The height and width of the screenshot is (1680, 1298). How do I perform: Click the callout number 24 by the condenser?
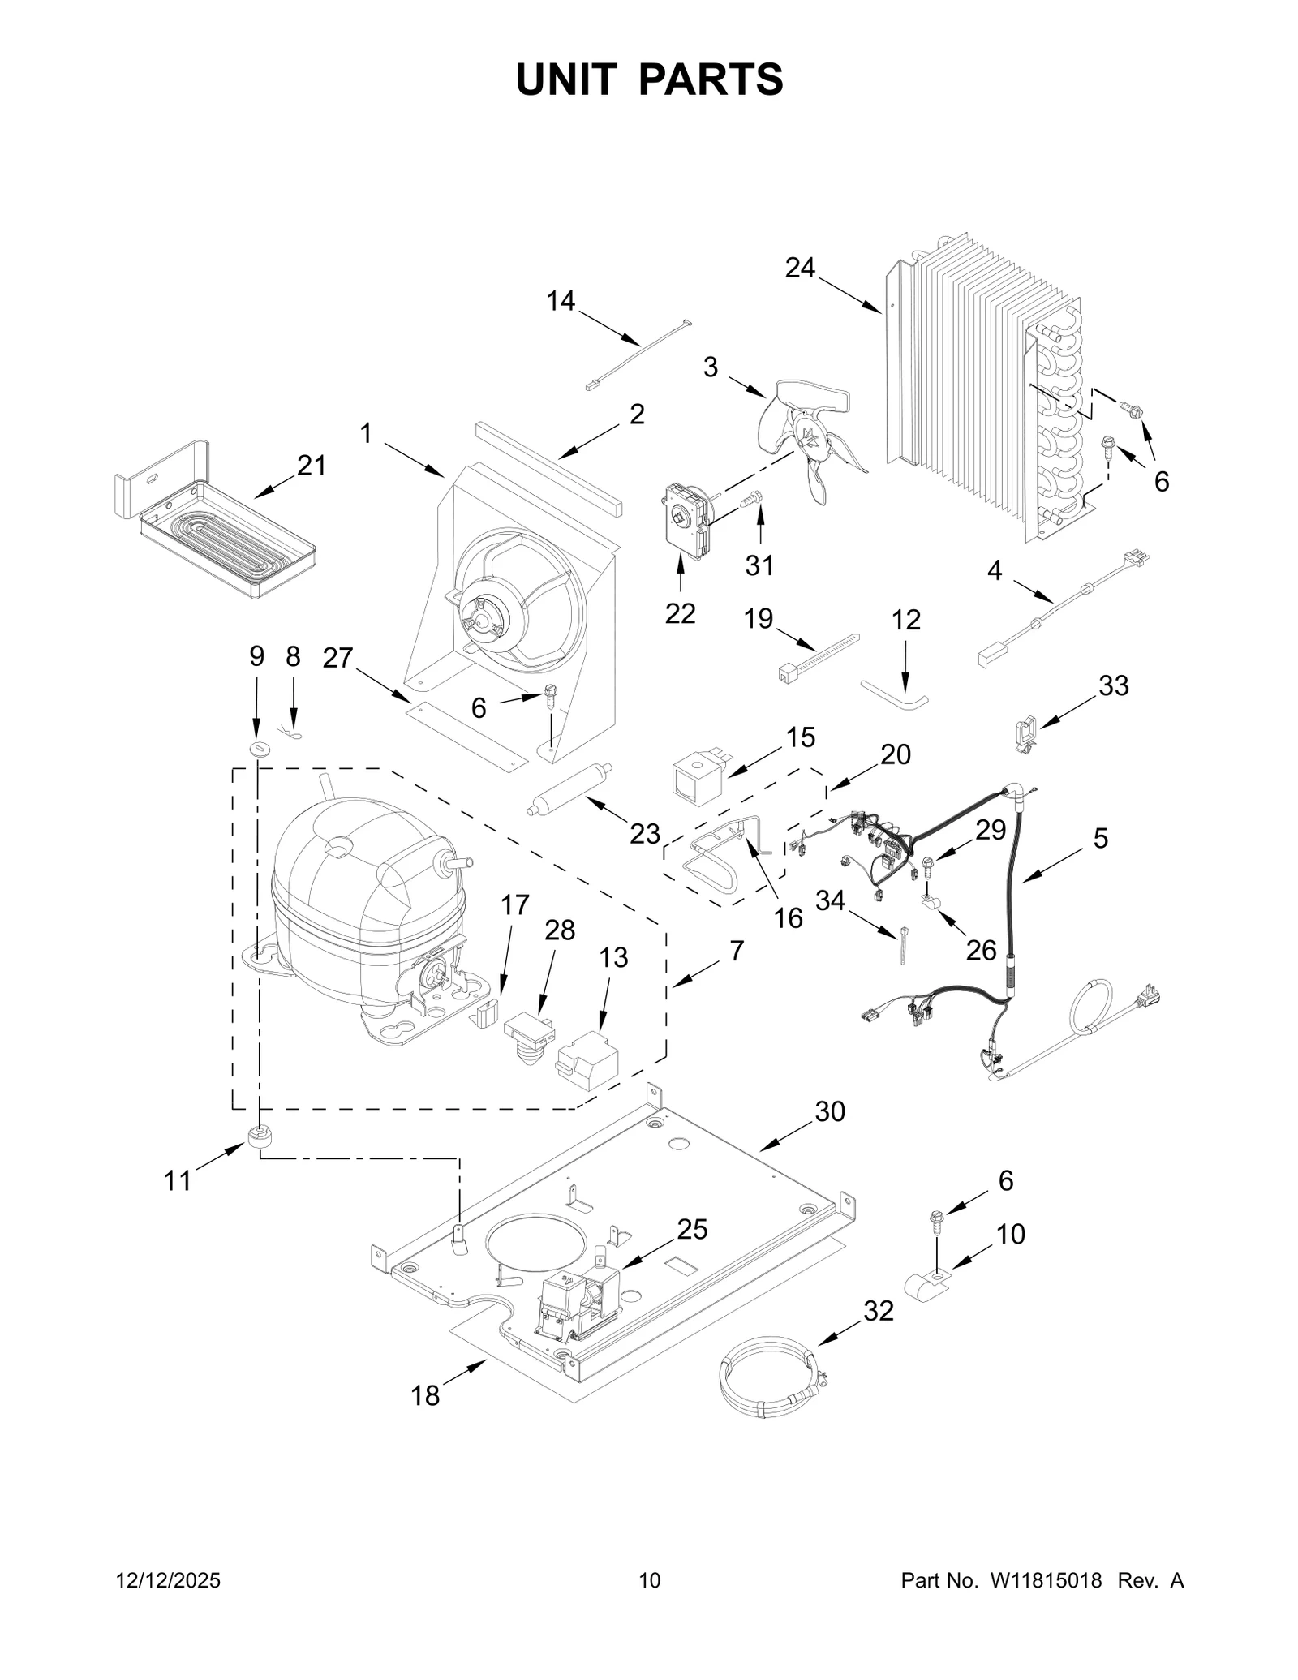pos(799,268)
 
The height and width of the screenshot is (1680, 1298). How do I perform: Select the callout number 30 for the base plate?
pos(829,1111)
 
